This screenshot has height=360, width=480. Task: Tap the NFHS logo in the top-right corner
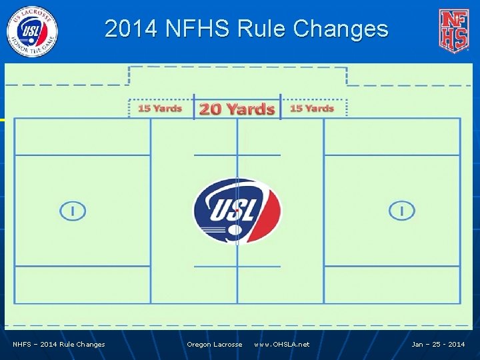[x=453, y=31]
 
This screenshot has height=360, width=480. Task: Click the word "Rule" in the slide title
[x=259, y=29]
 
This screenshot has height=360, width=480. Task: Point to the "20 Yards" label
[x=237, y=109]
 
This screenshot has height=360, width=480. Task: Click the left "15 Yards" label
[x=159, y=108]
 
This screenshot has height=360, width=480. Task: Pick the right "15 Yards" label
[x=312, y=108]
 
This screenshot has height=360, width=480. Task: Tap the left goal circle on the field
[x=73, y=211]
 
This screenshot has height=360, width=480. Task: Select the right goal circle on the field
[x=401, y=211]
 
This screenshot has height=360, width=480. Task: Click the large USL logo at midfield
[x=237, y=211]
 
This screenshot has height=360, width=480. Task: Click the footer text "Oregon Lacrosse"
[x=215, y=345]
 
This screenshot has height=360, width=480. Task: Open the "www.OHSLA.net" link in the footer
[x=281, y=345]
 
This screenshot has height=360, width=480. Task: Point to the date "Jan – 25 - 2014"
[x=438, y=345]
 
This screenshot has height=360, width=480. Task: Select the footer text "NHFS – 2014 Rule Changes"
[x=59, y=345]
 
